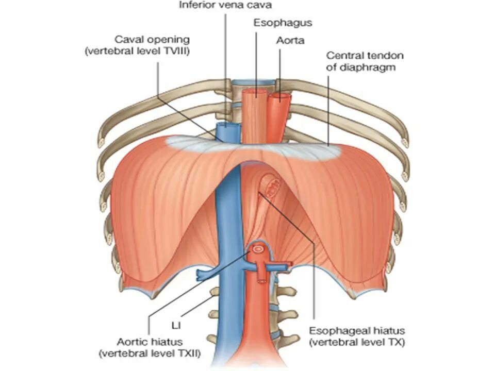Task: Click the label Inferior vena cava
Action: (224, 6)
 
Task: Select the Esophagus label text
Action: (283, 23)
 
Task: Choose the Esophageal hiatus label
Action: (356, 330)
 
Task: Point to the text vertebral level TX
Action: (356, 342)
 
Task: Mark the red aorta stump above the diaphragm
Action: (279, 111)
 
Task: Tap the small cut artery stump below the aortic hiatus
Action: (263, 281)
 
